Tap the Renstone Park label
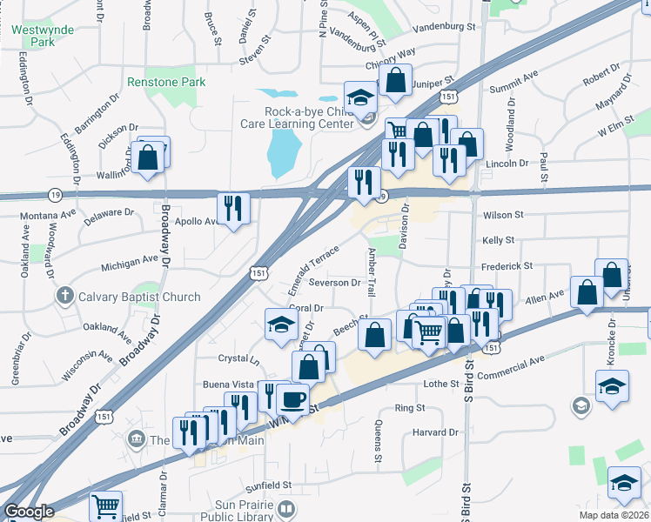(x=166, y=82)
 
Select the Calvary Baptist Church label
(x=139, y=297)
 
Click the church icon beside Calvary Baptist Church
(x=64, y=297)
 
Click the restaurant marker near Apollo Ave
(x=232, y=208)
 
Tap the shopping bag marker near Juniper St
(x=395, y=81)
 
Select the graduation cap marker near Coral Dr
(x=281, y=325)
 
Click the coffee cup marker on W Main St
(x=292, y=400)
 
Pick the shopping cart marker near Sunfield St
(x=106, y=505)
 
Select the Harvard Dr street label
(x=435, y=432)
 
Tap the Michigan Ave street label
(x=129, y=259)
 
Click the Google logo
(x=29, y=512)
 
